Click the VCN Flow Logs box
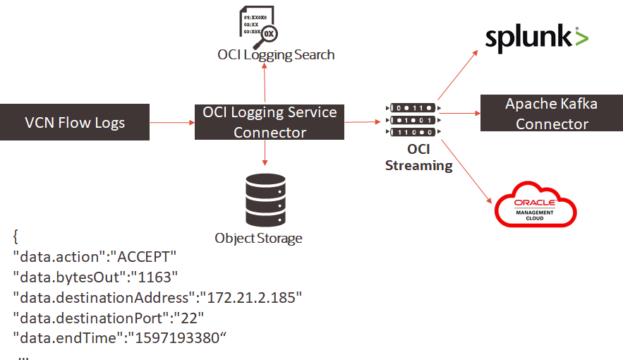click(x=75, y=123)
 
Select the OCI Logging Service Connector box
click(x=270, y=122)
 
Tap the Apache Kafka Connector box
click(x=551, y=114)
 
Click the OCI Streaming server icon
click(x=413, y=120)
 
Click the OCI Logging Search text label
click(x=275, y=54)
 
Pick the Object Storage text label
click(x=258, y=238)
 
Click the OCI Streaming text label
click(x=418, y=157)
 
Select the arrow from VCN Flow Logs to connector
click(x=172, y=123)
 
